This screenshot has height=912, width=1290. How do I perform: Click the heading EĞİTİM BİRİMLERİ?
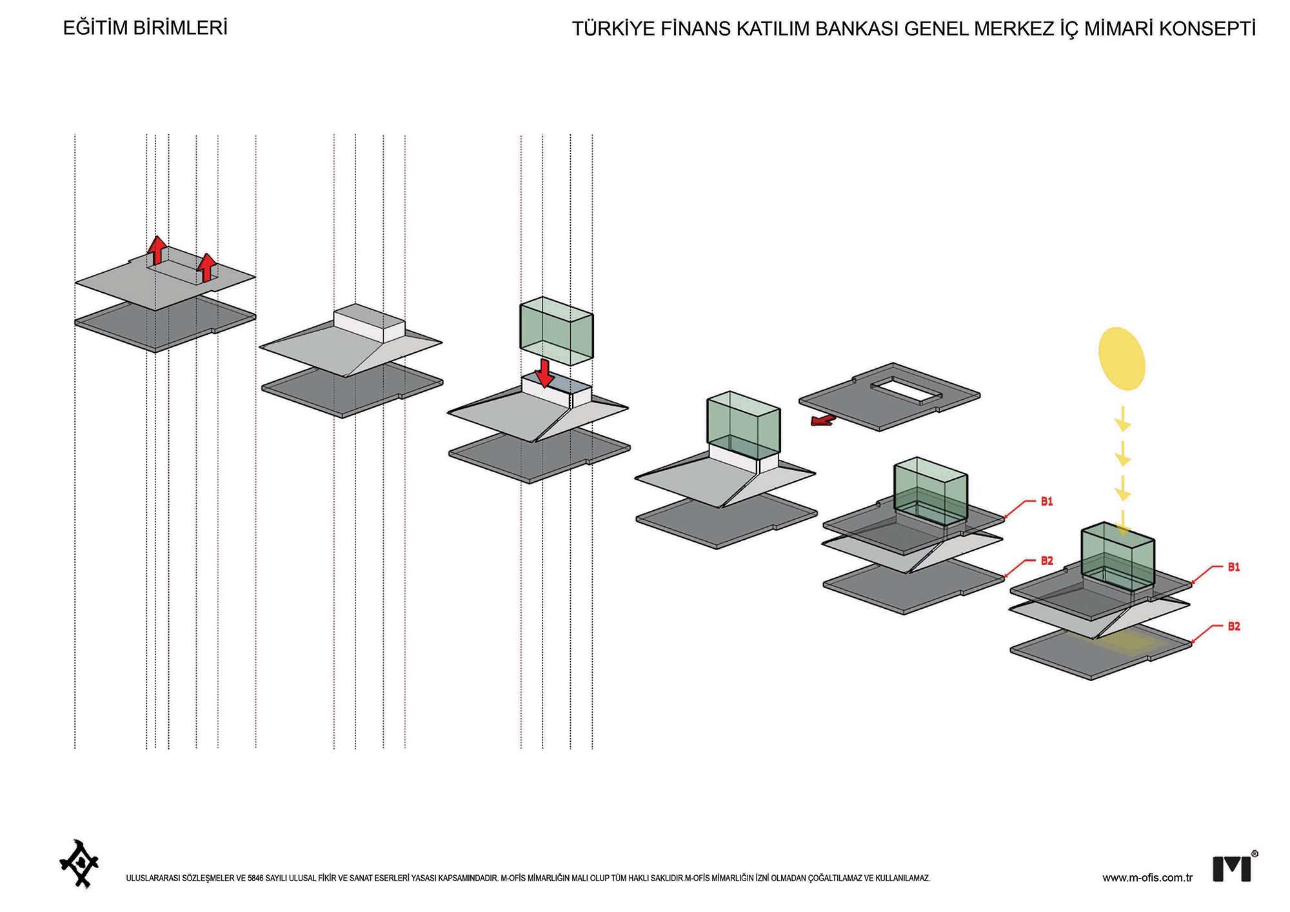pyautogui.click(x=145, y=28)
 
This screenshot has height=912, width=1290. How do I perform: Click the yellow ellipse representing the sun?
pyautogui.click(x=1122, y=359)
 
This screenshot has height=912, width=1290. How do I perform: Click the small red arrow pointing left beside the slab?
pyautogui.click(x=822, y=421)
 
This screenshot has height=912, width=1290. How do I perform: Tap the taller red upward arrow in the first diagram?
pyautogui.click(x=156, y=250)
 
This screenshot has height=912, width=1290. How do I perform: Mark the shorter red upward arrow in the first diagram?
pyautogui.click(x=206, y=267)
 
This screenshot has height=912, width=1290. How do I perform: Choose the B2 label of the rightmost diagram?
pyautogui.click(x=1233, y=626)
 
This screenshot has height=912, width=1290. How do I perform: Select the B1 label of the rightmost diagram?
pyautogui.click(x=1233, y=568)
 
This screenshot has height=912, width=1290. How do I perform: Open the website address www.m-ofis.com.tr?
pyautogui.click(x=1147, y=878)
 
